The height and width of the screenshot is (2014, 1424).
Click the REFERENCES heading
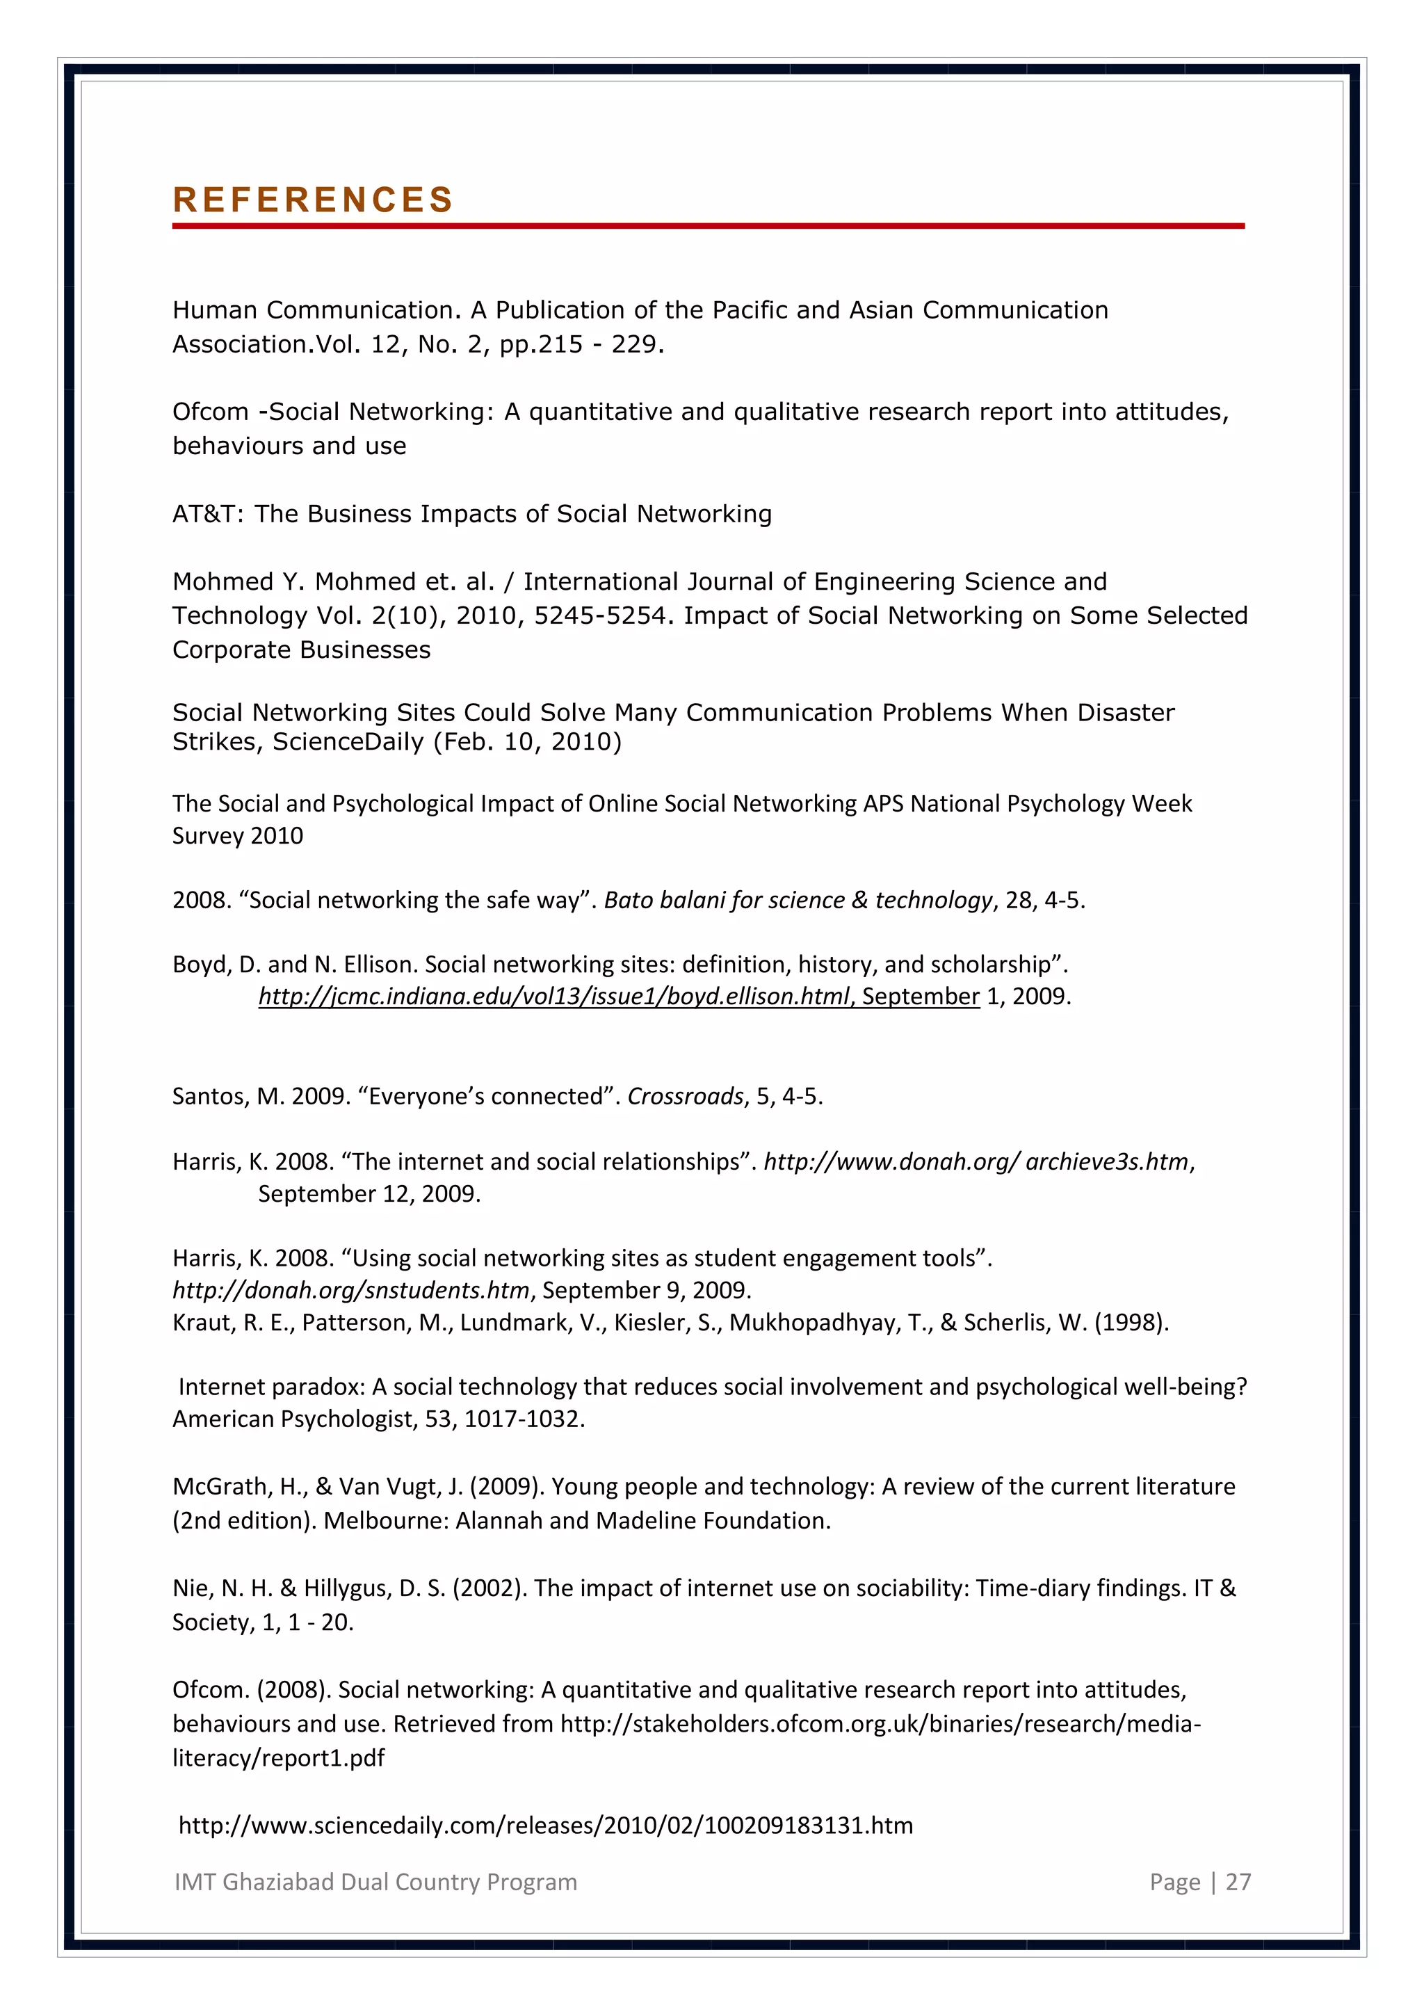312,200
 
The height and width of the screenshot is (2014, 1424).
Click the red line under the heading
708,226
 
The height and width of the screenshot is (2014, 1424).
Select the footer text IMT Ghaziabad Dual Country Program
375,1882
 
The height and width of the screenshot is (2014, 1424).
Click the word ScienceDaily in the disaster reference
348,742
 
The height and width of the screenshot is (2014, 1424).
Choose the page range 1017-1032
523,1419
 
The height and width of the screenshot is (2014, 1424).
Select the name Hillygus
346,1588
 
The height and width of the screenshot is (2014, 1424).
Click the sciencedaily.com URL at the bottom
545,1826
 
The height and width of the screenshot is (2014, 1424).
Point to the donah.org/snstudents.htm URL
350,1290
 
